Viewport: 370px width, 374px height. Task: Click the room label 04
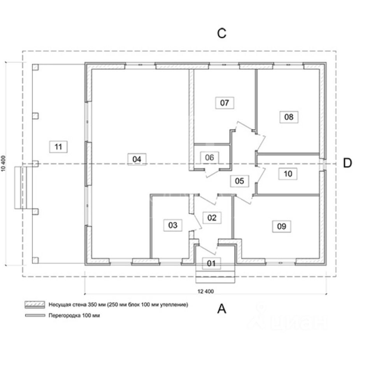coord(137,159)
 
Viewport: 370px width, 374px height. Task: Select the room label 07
coord(224,103)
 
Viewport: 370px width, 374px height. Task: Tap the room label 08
coord(289,116)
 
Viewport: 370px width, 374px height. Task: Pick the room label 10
coord(288,174)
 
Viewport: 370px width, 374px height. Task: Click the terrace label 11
coord(58,147)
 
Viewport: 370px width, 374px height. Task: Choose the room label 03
coord(173,225)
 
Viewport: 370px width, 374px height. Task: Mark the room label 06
coord(209,157)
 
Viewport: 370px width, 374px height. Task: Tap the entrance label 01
coord(211,263)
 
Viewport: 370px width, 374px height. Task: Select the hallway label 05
coord(239,181)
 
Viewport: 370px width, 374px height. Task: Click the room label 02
coord(212,217)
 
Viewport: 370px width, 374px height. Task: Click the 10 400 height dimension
coord(4,163)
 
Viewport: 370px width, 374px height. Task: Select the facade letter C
coord(221,34)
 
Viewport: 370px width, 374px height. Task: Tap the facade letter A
coord(221,309)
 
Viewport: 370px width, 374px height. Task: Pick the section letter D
coord(347,163)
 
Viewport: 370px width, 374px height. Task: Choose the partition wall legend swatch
coord(35,316)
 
